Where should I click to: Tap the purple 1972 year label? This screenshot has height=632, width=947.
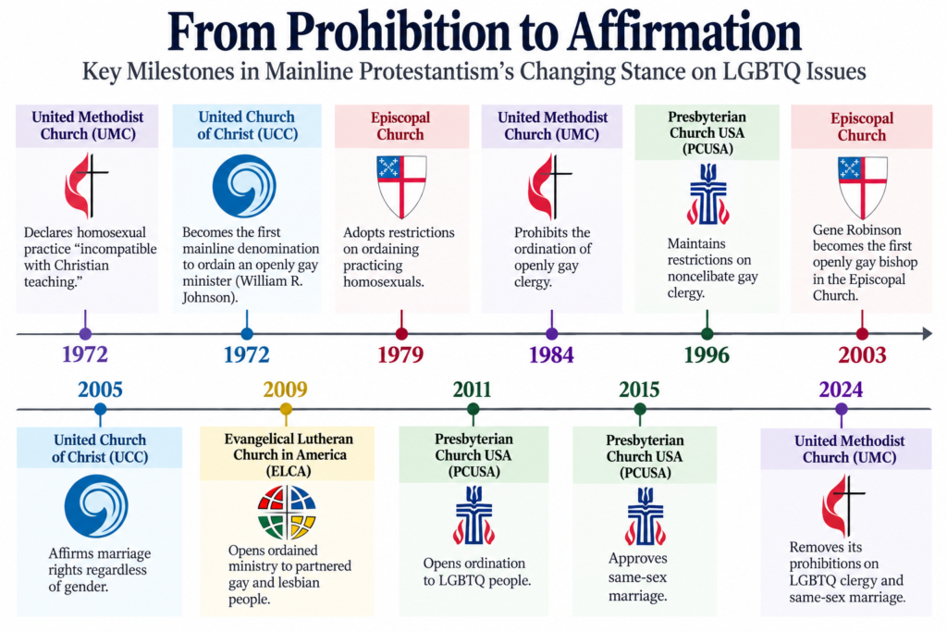[85, 354]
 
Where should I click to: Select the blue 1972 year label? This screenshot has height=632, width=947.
[246, 354]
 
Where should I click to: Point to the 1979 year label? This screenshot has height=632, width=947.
[401, 354]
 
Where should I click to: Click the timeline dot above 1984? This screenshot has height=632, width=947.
[551, 333]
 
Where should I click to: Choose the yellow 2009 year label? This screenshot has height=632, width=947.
[285, 390]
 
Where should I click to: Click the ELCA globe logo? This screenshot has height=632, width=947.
[287, 513]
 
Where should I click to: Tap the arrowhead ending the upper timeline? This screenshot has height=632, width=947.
[927, 333]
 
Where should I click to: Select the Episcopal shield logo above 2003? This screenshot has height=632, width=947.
[863, 187]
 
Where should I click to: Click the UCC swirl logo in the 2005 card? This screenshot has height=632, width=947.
[96, 506]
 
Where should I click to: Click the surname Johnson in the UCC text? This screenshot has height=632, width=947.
[207, 297]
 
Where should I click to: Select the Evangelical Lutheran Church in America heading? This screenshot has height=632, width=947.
[289, 454]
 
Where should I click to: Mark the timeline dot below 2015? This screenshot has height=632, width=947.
[640, 410]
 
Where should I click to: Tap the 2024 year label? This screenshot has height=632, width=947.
[841, 390]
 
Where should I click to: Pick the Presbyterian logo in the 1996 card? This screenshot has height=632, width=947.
[707, 194]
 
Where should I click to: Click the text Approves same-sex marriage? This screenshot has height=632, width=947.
[638, 577]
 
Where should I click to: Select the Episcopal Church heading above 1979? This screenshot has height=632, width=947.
[400, 126]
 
